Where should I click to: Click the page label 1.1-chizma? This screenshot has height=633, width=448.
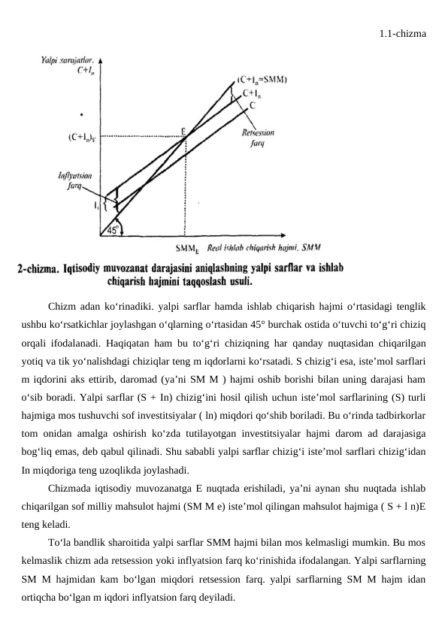404,33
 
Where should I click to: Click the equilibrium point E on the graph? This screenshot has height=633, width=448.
184,131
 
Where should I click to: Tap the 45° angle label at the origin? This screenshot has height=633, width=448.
114,231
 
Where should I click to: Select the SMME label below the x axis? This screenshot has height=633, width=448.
186,247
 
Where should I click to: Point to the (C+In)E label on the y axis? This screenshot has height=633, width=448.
80,137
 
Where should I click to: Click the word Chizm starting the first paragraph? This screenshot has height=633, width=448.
62,307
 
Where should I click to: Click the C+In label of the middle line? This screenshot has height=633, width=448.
253,93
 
